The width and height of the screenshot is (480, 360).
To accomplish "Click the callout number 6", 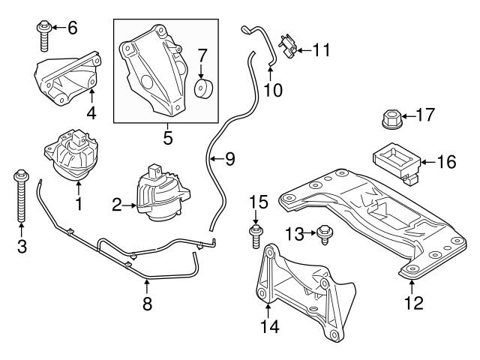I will click(72, 28).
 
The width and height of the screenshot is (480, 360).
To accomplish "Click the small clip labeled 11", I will click(288, 46).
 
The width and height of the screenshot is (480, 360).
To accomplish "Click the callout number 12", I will click(413, 303).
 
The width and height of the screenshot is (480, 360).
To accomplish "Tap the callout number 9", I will click(229, 158).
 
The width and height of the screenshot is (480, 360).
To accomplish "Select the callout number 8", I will click(146, 303).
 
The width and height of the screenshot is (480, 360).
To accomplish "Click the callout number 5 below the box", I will click(167, 137).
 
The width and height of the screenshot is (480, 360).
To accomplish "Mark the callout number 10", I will click(273, 90).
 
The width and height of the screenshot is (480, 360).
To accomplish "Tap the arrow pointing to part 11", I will click(301, 50).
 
